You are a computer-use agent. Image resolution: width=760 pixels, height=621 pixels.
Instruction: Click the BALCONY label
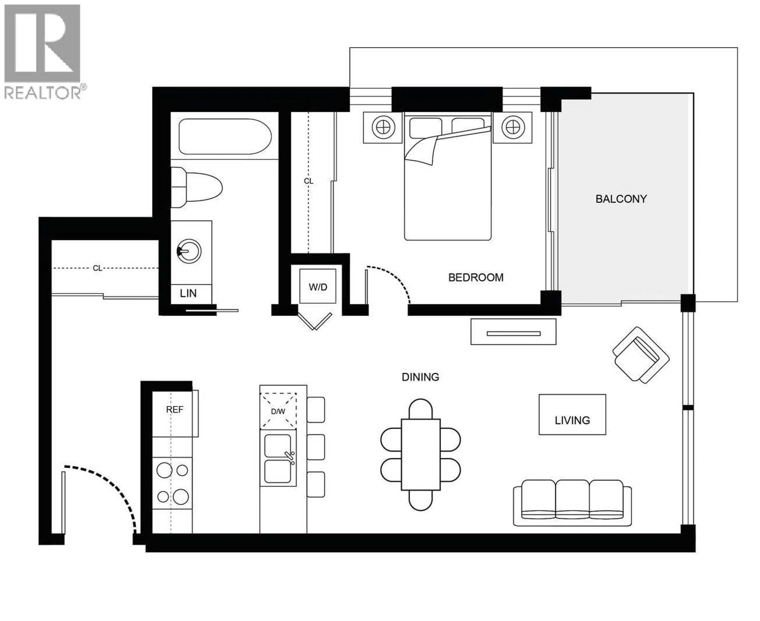[x=621, y=199]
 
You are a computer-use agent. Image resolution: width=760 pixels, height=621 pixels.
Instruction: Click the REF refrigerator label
[x=175, y=410]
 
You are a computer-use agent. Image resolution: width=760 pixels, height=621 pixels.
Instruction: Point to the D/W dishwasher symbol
[x=278, y=411]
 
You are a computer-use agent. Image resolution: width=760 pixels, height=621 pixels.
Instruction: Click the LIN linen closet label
[x=188, y=293]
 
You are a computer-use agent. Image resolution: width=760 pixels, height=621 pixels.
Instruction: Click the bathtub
[x=225, y=137]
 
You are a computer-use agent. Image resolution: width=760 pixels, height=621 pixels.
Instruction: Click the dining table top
[x=420, y=454]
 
